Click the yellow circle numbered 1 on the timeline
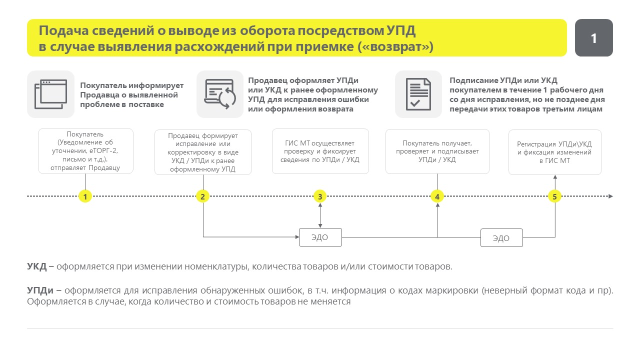[x=85, y=196]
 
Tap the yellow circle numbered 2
[x=202, y=196]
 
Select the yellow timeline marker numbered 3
[x=320, y=196]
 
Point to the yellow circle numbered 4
[x=437, y=196]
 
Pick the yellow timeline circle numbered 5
[x=554, y=196]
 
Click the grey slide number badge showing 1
[x=593, y=37]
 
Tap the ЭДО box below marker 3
[x=320, y=237]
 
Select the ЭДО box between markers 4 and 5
[x=501, y=237]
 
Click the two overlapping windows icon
[x=51, y=94]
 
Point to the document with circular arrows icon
[x=220, y=94]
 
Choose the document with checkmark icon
[x=418, y=94]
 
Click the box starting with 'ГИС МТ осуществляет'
[x=320, y=151]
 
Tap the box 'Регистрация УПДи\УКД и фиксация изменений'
[x=555, y=152]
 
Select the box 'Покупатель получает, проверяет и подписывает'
[x=437, y=151]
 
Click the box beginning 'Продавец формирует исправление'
[x=203, y=152]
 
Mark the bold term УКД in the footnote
[x=37, y=266]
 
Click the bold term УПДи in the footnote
[x=40, y=290]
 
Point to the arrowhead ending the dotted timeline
[x=610, y=196]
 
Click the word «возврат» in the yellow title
[x=395, y=46]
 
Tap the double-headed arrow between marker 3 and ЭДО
[x=320, y=215]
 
